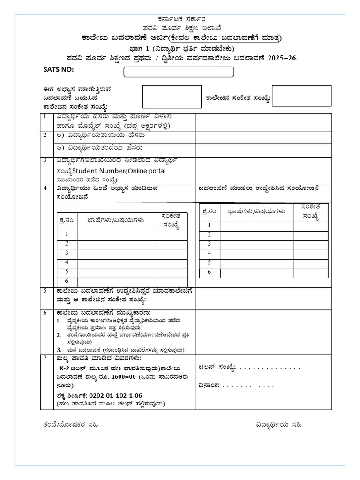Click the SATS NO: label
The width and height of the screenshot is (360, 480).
(59, 70)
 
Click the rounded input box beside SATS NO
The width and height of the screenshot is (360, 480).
(178, 72)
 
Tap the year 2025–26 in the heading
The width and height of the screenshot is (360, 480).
(283, 58)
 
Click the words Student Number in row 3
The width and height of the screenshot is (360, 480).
(98, 171)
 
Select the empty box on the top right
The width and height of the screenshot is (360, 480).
(301, 96)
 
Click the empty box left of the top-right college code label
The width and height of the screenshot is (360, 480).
(172, 97)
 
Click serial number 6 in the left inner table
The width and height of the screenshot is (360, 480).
(67, 281)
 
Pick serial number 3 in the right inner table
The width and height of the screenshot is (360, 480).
(209, 244)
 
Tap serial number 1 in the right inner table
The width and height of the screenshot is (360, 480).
(209, 225)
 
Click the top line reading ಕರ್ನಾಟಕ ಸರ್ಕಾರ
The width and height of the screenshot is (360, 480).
(181, 19)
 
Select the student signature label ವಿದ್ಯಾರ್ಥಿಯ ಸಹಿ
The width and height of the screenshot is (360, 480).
(279, 425)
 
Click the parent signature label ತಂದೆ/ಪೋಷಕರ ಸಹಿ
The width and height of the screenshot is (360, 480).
(70, 425)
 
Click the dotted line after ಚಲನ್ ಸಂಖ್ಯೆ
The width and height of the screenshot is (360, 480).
(270, 367)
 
